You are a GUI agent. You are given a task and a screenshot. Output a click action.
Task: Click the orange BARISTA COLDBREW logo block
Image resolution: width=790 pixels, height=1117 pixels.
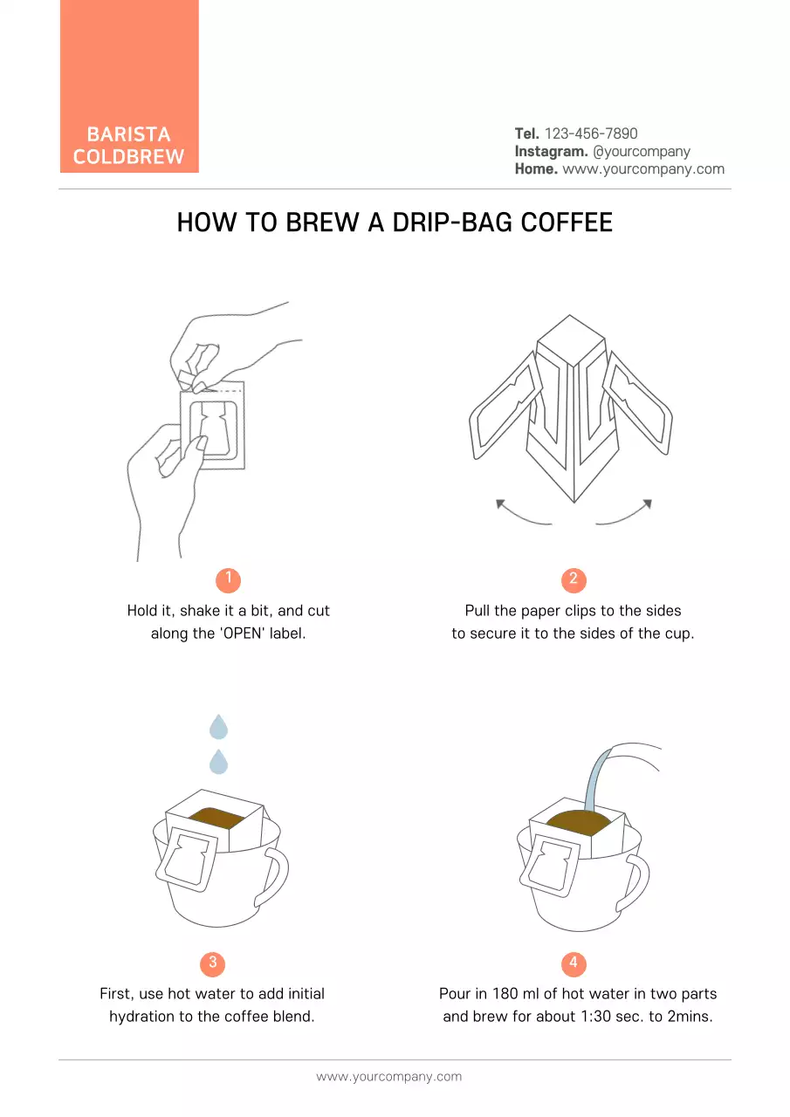[x=129, y=86]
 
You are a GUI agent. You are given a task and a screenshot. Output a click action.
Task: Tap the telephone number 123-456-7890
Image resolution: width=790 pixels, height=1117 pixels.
[x=591, y=134]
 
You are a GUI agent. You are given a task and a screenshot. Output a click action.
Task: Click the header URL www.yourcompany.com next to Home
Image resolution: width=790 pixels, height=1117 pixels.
[x=643, y=169]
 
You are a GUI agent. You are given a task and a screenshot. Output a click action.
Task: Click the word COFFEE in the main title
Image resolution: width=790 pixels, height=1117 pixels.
[x=567, y=223]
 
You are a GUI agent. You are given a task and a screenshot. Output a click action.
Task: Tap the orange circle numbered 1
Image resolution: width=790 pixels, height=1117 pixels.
[x=228, y=579]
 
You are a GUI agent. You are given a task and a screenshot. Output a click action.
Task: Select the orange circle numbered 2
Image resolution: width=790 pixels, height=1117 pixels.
[x=574, y=579]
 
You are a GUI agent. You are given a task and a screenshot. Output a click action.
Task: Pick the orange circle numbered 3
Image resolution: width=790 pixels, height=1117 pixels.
[x=212, y=963]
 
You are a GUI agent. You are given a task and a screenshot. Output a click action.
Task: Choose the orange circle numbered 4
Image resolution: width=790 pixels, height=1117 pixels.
[x=574, y=963]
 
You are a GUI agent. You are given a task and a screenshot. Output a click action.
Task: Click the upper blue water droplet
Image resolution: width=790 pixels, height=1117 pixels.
[x=218, y=727]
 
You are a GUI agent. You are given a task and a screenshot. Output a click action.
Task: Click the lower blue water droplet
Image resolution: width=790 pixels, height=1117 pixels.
[x=218, y=762]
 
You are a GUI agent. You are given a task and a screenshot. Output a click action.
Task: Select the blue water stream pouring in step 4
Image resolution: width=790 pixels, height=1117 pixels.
[x=596, y=778]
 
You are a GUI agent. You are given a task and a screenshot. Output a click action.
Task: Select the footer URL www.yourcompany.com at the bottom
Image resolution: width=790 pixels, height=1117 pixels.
[x=389, y=1077]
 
